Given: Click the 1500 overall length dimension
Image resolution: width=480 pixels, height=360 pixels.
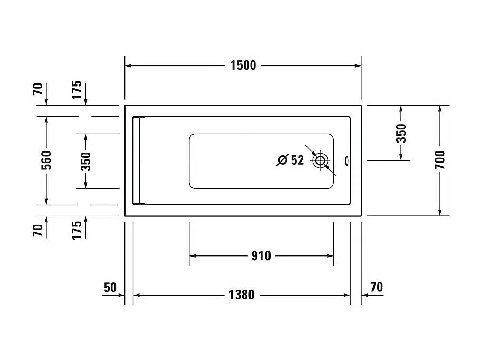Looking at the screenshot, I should pyautogui.click(x=243, y=65).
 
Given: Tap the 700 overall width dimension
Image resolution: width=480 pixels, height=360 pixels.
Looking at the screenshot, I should pyautogui.click(x=440, y=160).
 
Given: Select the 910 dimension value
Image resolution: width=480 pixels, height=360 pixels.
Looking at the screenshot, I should pyautogui.click(x=261, y=256).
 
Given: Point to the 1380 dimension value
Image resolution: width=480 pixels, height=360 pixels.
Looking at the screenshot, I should pyautogui.click(x=242, y=295).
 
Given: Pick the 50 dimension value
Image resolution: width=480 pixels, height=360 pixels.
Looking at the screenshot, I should pyautogui.click(x=110, y=288).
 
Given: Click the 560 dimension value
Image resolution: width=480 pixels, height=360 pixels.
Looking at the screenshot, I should pyautogui.click(x=46, y=160).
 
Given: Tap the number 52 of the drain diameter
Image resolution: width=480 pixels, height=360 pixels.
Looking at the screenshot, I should pyautogui.click(x=297, y=160).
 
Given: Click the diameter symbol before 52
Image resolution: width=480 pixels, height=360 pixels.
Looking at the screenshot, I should pyautogui.click(x=282, y=160).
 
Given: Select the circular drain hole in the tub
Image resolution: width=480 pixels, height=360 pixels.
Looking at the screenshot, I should pyautogui.click(x=320, y=160).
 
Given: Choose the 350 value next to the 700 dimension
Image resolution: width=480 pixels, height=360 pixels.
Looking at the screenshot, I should pyautogui.click(x=401, y=134).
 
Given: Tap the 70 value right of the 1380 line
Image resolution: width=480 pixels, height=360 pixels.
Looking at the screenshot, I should pyautogui.click(x=377, y=288).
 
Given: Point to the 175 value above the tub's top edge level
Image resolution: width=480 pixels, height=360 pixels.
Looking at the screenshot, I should pyautogui.click(x=77, y=90).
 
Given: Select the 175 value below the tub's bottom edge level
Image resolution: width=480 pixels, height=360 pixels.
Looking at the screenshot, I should pyautogui.click(x=77, y=230).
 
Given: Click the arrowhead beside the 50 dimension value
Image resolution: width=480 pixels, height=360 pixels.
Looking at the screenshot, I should pyautogui.click(x=121, y=295).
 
